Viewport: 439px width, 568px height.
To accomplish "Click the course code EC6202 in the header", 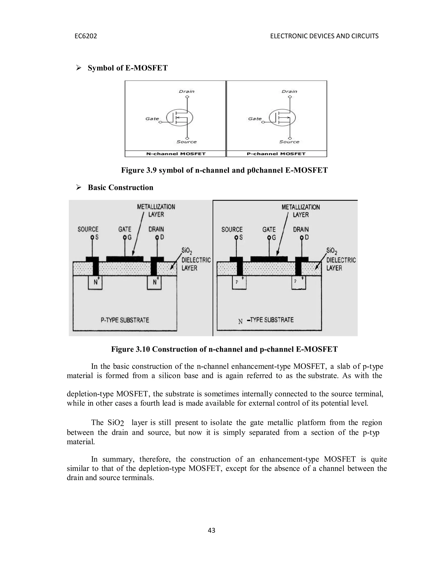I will (x=86, y=36).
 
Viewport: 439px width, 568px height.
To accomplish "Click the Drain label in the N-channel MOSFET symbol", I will (x=186, y=91).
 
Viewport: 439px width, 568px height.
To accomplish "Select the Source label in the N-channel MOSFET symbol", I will (x=186, y=142).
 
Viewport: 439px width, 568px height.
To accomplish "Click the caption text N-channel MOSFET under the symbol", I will (x=176, y=154).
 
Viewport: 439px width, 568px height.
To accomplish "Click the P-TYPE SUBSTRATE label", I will (x=125, y=320).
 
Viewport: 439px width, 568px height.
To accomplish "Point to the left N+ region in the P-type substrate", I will (x=95, y=282).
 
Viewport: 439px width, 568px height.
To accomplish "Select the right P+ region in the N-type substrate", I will (x=299, y=282).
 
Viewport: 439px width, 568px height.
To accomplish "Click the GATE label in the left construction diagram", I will (x=125, y=229).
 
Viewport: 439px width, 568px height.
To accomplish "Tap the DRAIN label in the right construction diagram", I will (x=301, y=229).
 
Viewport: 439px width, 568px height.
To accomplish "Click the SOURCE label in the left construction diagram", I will (x=88, y=229).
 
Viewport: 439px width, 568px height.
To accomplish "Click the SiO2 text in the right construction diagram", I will (x=332, y=251).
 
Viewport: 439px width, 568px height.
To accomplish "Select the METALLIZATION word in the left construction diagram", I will (x=156, y=207).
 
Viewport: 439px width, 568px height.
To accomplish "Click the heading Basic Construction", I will (x=120, y=188).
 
